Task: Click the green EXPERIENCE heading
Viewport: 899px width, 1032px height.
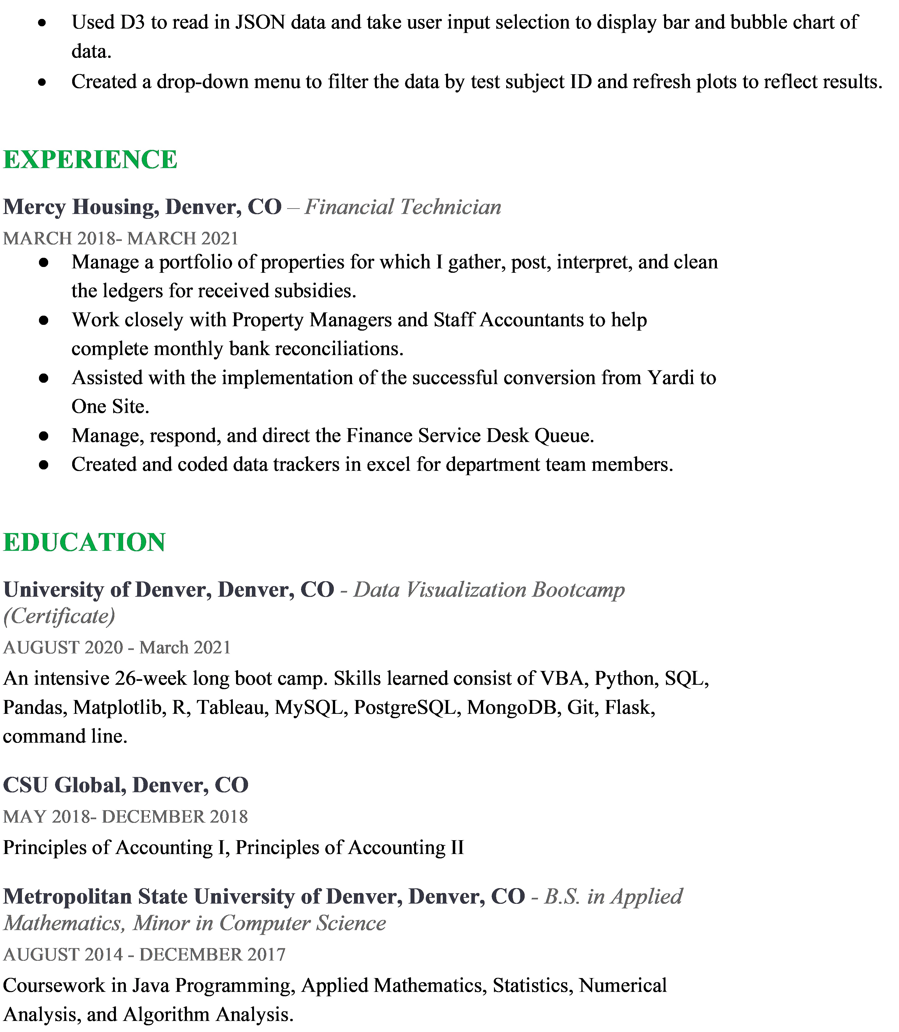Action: (x=90, y=160)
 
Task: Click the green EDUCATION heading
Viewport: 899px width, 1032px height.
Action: (x=84, y=542)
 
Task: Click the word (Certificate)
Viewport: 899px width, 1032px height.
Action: (x=59, y=616)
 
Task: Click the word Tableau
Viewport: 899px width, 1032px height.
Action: (x=230, y=707)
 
